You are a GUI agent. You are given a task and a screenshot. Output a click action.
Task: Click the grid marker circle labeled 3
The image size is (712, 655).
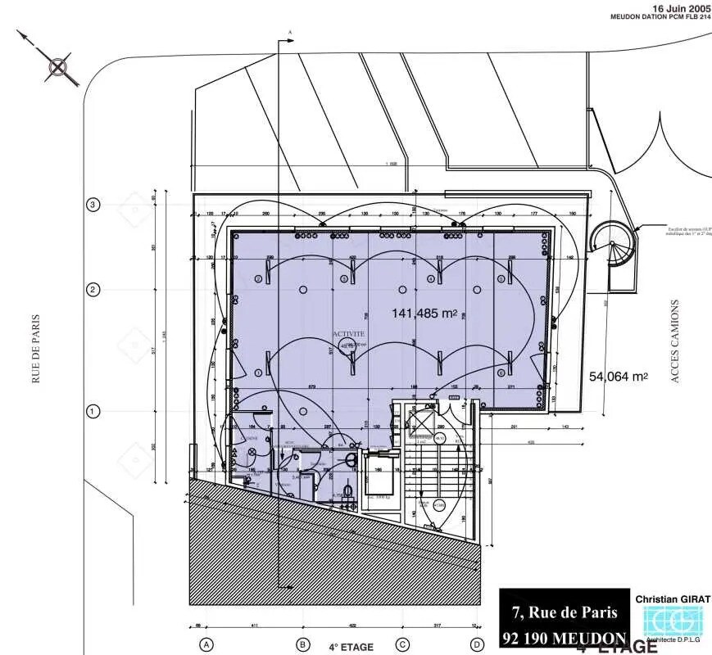[93, 205]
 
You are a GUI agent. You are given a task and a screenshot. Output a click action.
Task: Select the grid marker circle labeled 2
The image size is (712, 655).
[93, 290]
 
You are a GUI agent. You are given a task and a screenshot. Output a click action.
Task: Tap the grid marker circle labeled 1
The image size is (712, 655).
[93, 411]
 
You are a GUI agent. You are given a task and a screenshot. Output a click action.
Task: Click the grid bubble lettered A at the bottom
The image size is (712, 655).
[206, 644]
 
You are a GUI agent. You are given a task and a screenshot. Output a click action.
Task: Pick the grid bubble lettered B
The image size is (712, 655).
[303, 644]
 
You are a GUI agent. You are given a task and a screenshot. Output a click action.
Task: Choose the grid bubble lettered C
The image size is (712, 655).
[402, 644]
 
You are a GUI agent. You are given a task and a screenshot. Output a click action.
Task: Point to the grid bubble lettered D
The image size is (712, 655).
[476, 644]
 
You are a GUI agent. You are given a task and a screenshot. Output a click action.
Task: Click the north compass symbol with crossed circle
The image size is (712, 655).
[59, 67]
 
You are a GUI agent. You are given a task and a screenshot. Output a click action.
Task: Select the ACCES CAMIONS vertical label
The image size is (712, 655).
[675, 341]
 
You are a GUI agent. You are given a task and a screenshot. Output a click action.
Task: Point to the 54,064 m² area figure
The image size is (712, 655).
[619, 377]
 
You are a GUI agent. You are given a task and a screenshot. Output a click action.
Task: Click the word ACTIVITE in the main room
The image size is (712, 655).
[348, 334]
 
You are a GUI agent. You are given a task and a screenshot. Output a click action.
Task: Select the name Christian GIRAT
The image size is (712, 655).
[673, 599]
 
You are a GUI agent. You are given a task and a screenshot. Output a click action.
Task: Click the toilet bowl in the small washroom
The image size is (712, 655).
[348, 490]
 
